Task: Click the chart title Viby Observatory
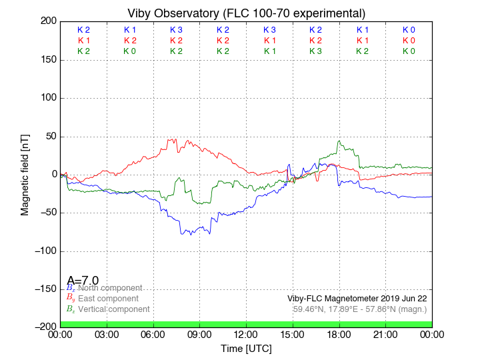(x=246, y=13)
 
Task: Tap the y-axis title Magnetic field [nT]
(x=25, y=173)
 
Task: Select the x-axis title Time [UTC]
(x=246, y=349)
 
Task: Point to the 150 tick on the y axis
(x=46, y=60)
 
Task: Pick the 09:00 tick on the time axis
(x=199, y=334)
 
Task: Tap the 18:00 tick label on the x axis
(x=339, y=334)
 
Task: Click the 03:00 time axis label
(x=107, y=334)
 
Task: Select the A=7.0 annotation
(x=83, y=281)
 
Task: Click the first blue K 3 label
(x=176, y=30)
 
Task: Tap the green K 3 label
(x=315, y=51)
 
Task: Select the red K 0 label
(x=409, y=41)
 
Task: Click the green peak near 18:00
(x=339, y=141)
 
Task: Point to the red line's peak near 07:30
(x=175, y=139)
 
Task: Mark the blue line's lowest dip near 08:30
(x=191, y=235)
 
